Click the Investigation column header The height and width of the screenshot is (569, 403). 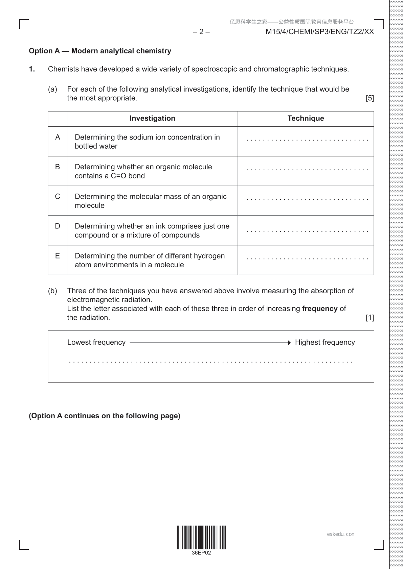152,118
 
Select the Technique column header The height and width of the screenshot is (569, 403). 306,118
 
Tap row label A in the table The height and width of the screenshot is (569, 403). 58,137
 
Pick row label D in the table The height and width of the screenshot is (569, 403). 58,226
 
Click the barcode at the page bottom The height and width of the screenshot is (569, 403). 201,537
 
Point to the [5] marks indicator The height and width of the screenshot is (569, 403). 370,98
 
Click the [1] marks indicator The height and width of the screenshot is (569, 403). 370,318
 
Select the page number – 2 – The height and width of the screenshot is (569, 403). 201,32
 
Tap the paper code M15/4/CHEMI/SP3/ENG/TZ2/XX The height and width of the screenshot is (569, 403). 320,32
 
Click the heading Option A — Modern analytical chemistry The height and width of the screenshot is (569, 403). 100,51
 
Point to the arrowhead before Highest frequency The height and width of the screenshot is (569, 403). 289,343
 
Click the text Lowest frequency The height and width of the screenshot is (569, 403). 96,342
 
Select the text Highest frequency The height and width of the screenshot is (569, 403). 325,342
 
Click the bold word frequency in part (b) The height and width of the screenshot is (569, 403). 320,308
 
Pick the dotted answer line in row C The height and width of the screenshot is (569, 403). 307,199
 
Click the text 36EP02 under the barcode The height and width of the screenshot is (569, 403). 201,553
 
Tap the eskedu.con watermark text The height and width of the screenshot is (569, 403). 341,534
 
